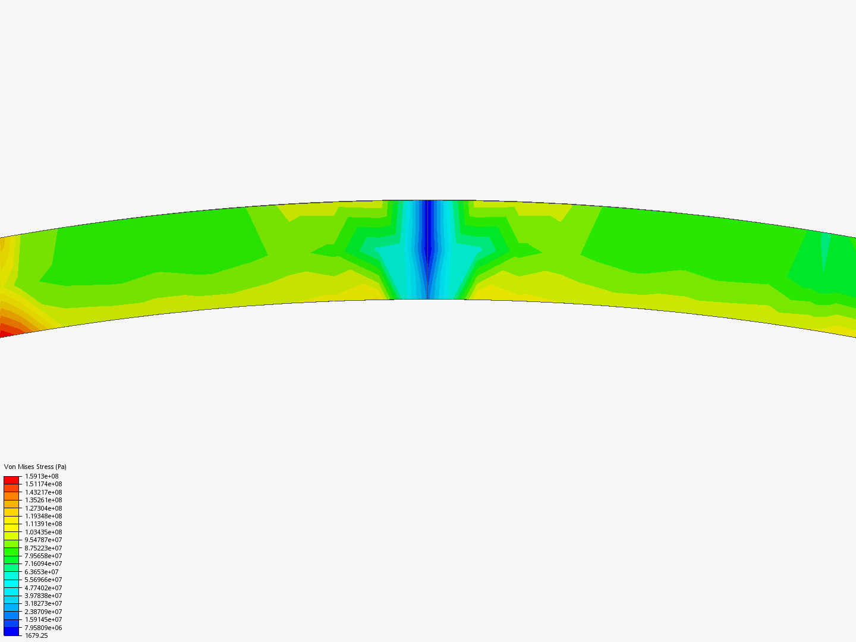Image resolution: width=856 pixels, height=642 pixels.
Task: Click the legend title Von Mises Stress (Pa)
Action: tap(35, 467)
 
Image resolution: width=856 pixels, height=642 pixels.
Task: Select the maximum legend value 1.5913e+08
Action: tap(42, 476)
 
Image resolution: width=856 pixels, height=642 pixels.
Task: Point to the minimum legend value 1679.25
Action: tap(36, 635)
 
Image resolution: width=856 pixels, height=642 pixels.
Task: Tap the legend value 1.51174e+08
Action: tap(43, 484)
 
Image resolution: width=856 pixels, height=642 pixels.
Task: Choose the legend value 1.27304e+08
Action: tap(43, 508)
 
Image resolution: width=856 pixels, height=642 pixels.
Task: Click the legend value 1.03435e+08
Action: tap(43, 532)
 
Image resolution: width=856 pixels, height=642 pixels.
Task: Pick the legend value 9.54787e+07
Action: tap(43, 540)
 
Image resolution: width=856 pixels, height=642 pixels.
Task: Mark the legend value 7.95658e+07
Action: tap(43, 556)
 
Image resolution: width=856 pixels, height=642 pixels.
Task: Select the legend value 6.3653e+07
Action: tap(42, 572)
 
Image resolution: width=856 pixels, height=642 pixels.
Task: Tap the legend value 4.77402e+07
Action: tap(43, 588)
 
